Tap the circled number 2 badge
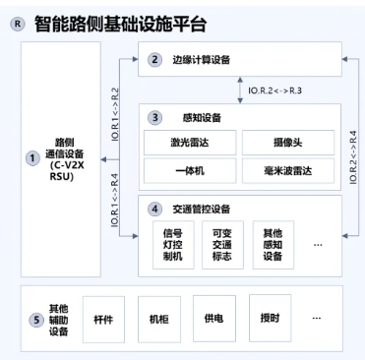click(153, 60)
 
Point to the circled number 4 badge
click(153, 209)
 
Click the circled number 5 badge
click(36, 319)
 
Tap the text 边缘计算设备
click(202, 60)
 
